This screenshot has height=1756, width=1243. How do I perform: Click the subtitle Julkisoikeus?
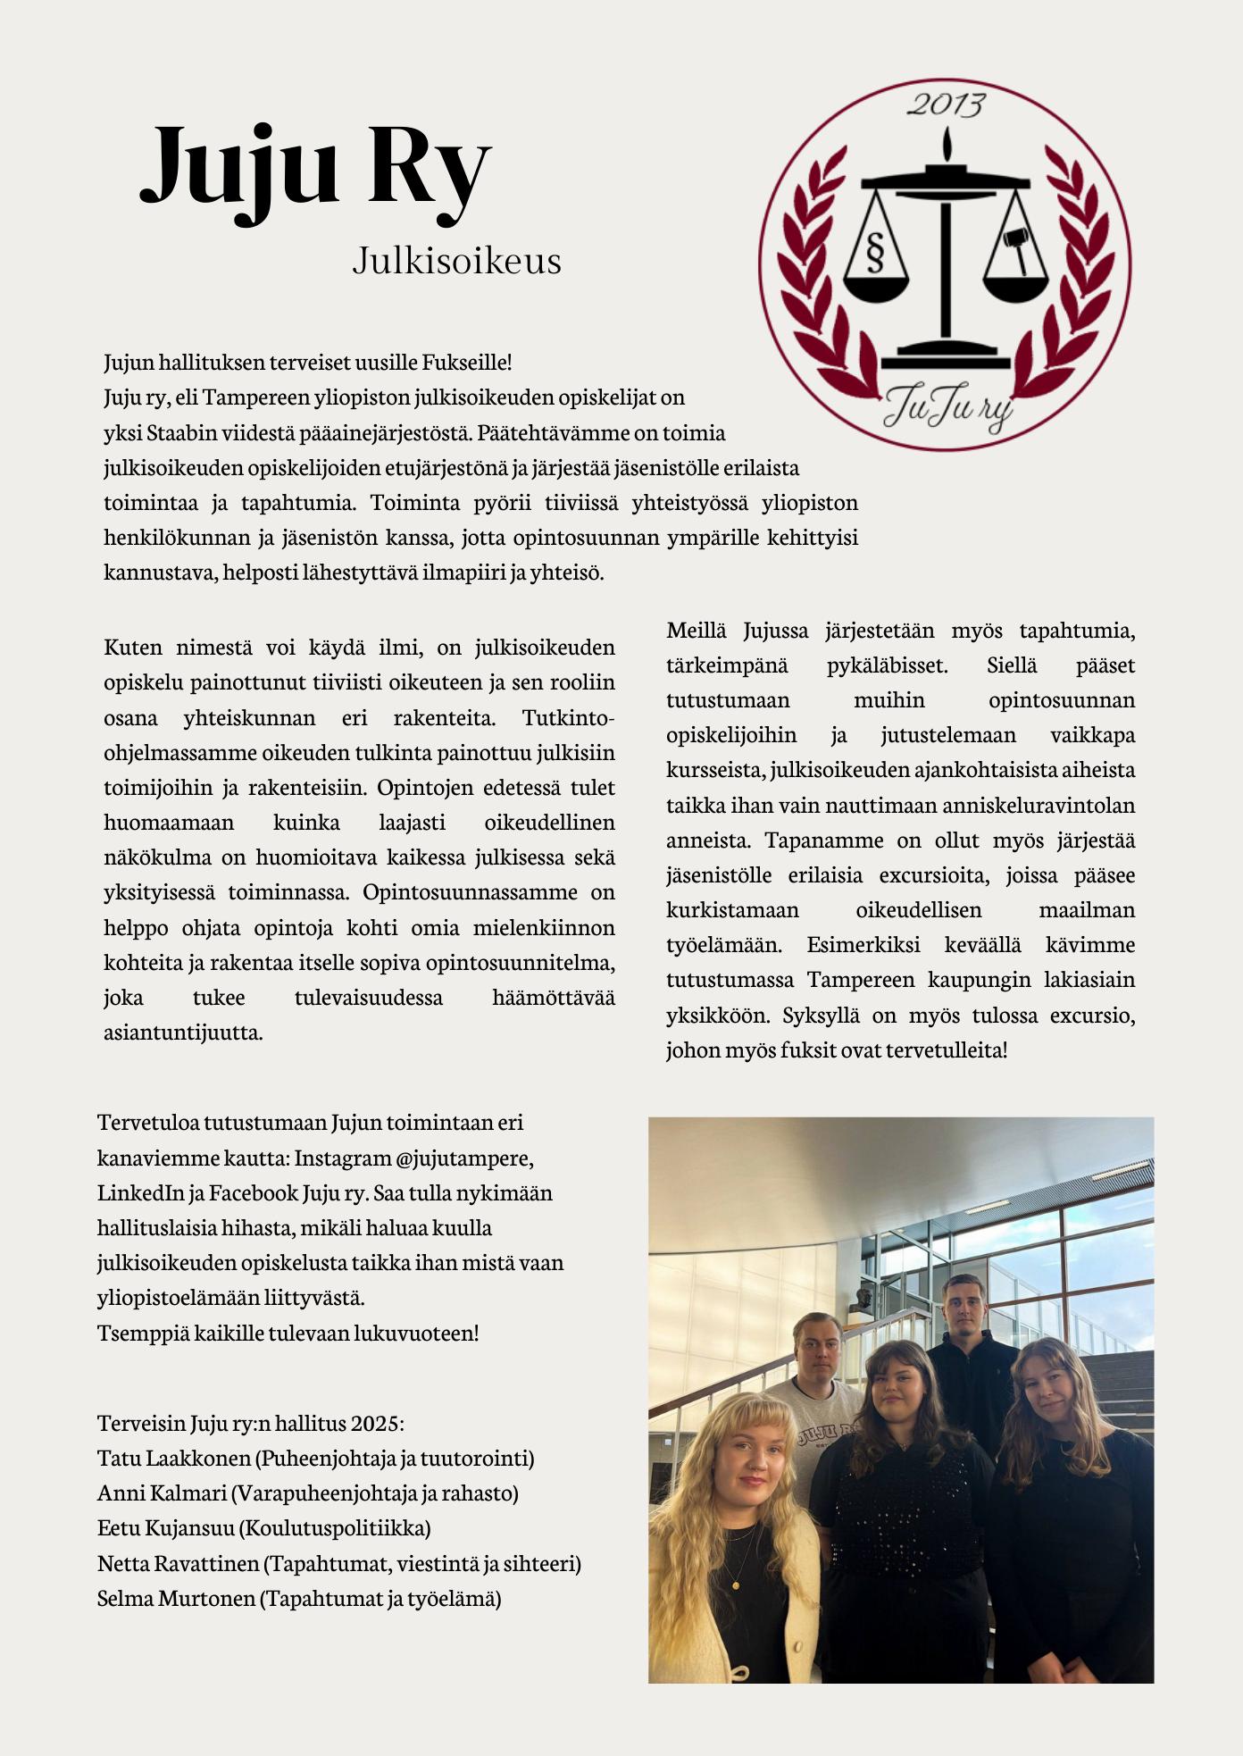click(x=456, y=261)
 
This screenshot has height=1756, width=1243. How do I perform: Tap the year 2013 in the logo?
click(x=946, y=105)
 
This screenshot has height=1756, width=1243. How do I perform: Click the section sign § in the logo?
click(x=874, y=252)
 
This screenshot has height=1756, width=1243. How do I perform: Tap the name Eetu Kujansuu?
click(x=166, y=1527)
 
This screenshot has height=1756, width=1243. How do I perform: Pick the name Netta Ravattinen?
click(x=179, y=1563)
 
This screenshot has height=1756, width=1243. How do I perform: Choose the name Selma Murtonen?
click(x=176, y=1598)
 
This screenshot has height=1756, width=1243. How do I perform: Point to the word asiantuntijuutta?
click(x=183, y=1033)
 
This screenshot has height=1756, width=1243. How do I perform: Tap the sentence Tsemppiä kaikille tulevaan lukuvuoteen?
click(x=288, y=1333)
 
